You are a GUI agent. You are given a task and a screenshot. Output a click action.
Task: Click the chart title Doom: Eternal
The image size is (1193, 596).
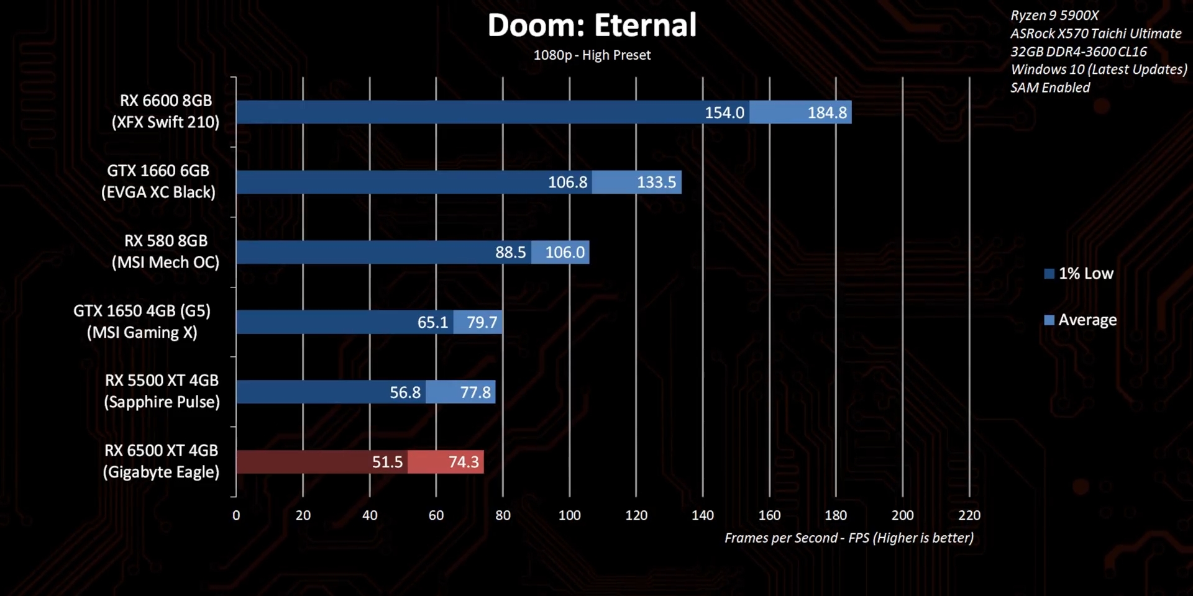point(592,26)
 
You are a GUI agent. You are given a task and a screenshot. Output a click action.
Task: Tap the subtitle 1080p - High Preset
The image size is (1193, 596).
point(592,55)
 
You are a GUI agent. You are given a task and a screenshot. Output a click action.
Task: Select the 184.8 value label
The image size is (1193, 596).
point(826,112)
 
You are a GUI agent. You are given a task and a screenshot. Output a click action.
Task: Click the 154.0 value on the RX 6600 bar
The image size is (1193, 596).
point(724,112)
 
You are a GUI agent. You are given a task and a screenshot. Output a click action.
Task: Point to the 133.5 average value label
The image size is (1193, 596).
point(656,183)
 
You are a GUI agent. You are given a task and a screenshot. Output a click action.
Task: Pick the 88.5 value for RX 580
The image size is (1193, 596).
point(510,253)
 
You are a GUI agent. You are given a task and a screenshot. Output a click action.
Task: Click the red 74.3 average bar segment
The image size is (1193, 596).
point(446,462)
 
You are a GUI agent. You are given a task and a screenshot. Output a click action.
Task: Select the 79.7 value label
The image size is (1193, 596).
point(482,322)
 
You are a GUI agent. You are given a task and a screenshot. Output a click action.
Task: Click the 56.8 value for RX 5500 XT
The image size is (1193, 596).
point(405,392)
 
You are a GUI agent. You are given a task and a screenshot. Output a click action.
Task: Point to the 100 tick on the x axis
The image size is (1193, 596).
point(569,515)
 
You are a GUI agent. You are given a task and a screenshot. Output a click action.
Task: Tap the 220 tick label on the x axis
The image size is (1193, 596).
point(969,515)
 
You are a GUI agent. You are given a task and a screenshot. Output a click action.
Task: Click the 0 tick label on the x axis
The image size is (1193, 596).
point(236,515)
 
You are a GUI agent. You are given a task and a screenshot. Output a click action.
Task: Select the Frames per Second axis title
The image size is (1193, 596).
point(849,538)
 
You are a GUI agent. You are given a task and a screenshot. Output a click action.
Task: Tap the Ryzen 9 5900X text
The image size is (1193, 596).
point(1054,16)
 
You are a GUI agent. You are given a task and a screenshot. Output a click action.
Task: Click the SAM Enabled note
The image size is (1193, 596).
point(1050,88)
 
